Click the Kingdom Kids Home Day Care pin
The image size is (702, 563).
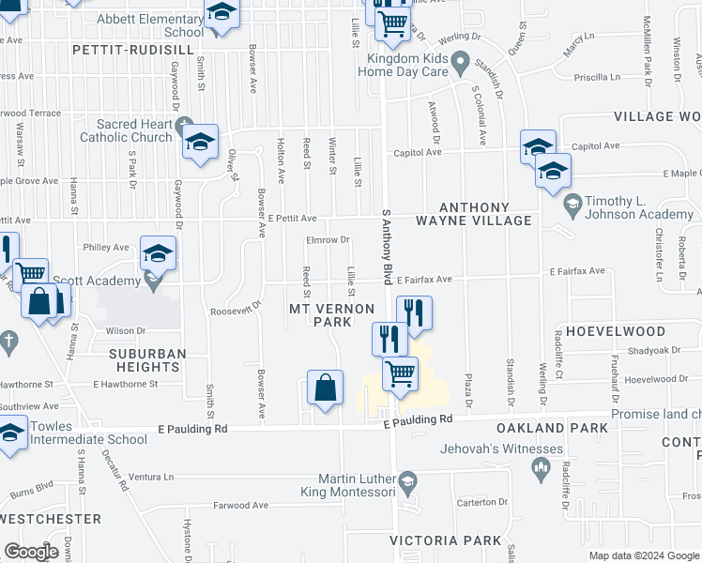click(x=460, y=65)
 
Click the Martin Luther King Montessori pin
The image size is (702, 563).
click(x=407, y=483)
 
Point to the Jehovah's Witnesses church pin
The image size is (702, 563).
click(x=540, y=466)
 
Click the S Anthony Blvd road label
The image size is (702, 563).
click(x=386, y=247)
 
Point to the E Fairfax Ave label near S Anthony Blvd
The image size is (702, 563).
click(x=423, y=280)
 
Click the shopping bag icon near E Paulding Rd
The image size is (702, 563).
click(x=324, y=388)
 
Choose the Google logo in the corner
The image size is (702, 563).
click(x=31, y=552)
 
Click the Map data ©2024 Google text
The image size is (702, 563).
click(x=644, y=555)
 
